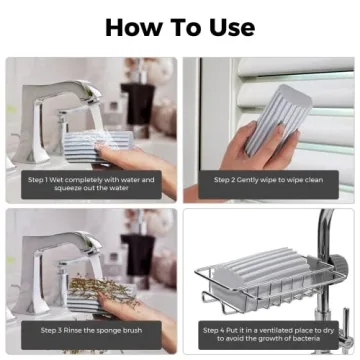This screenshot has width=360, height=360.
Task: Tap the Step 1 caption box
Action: coord(91,183)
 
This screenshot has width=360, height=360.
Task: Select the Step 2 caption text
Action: coord(268,180)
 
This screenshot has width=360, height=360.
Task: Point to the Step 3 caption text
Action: coord(91,329)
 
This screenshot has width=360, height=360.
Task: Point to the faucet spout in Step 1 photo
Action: coord(75,105)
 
